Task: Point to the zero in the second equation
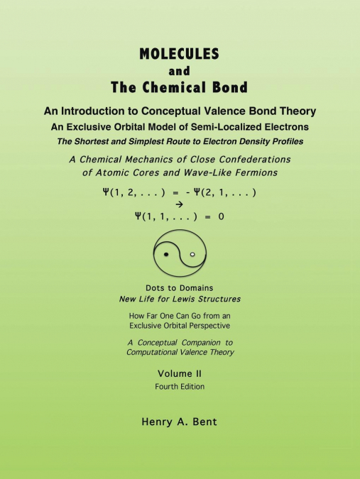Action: [x=221, y=216]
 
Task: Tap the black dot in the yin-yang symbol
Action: [x=165, y=253]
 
